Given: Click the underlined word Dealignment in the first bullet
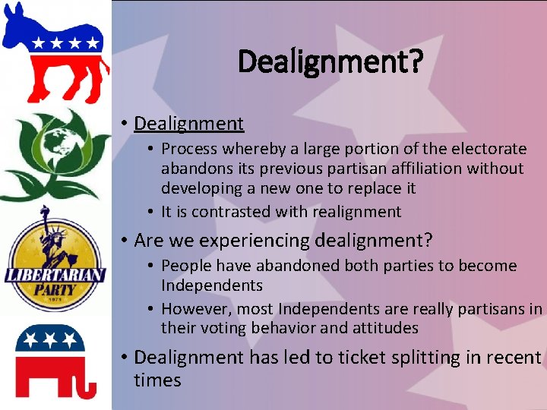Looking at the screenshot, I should (x=188, y=123).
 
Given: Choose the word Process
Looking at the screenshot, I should (x=189, y=149).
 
